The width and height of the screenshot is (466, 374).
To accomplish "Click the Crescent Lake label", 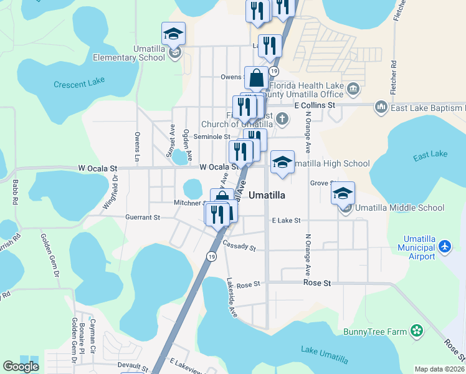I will [x=79, y=84].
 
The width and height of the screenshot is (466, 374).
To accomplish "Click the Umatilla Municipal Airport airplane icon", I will [x=445, y=247].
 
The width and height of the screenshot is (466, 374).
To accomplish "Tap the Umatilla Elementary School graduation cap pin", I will [x=174, y=34].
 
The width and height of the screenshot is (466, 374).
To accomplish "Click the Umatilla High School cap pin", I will [x=282, y=163].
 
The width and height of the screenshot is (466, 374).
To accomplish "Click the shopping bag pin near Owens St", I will [x=256, y=79].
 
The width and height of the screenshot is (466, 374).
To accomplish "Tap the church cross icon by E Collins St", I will [x=282, y=118].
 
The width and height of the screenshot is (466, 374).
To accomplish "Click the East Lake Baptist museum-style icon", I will [x=381, y=108].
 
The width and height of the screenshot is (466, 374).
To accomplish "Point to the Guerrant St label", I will [x=143, y=218].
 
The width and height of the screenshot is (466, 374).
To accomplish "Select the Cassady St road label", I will [x=239, y=246].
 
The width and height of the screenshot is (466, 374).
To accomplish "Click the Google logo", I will [x=21, y=367].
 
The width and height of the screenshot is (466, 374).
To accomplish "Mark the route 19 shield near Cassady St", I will [x=212, y=257].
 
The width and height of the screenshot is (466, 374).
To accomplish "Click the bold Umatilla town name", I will [x=267, y=195].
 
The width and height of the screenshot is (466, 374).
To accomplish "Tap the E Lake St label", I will [x=287, y=220].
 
